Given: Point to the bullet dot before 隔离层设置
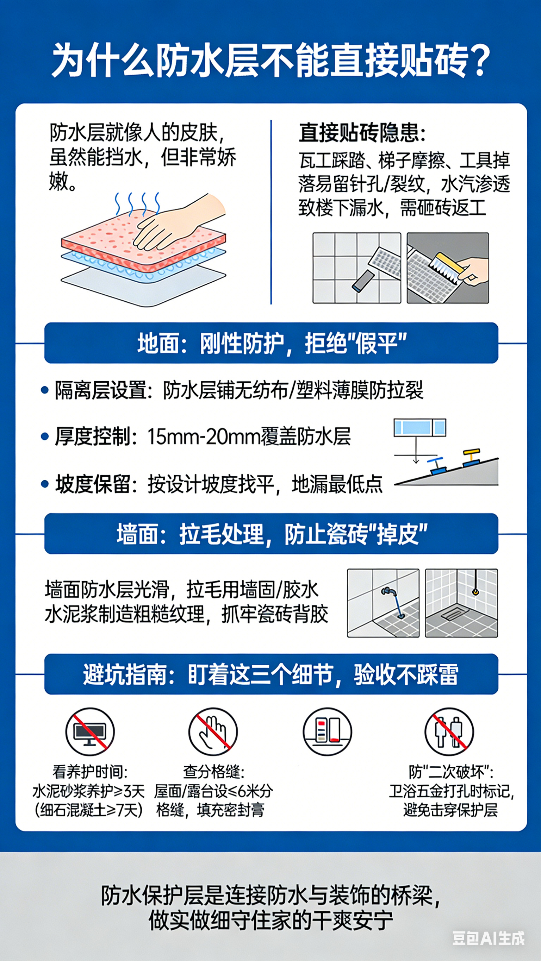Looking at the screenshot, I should (x=45, y=390).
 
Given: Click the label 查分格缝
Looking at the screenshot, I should (x=213, y=772).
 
